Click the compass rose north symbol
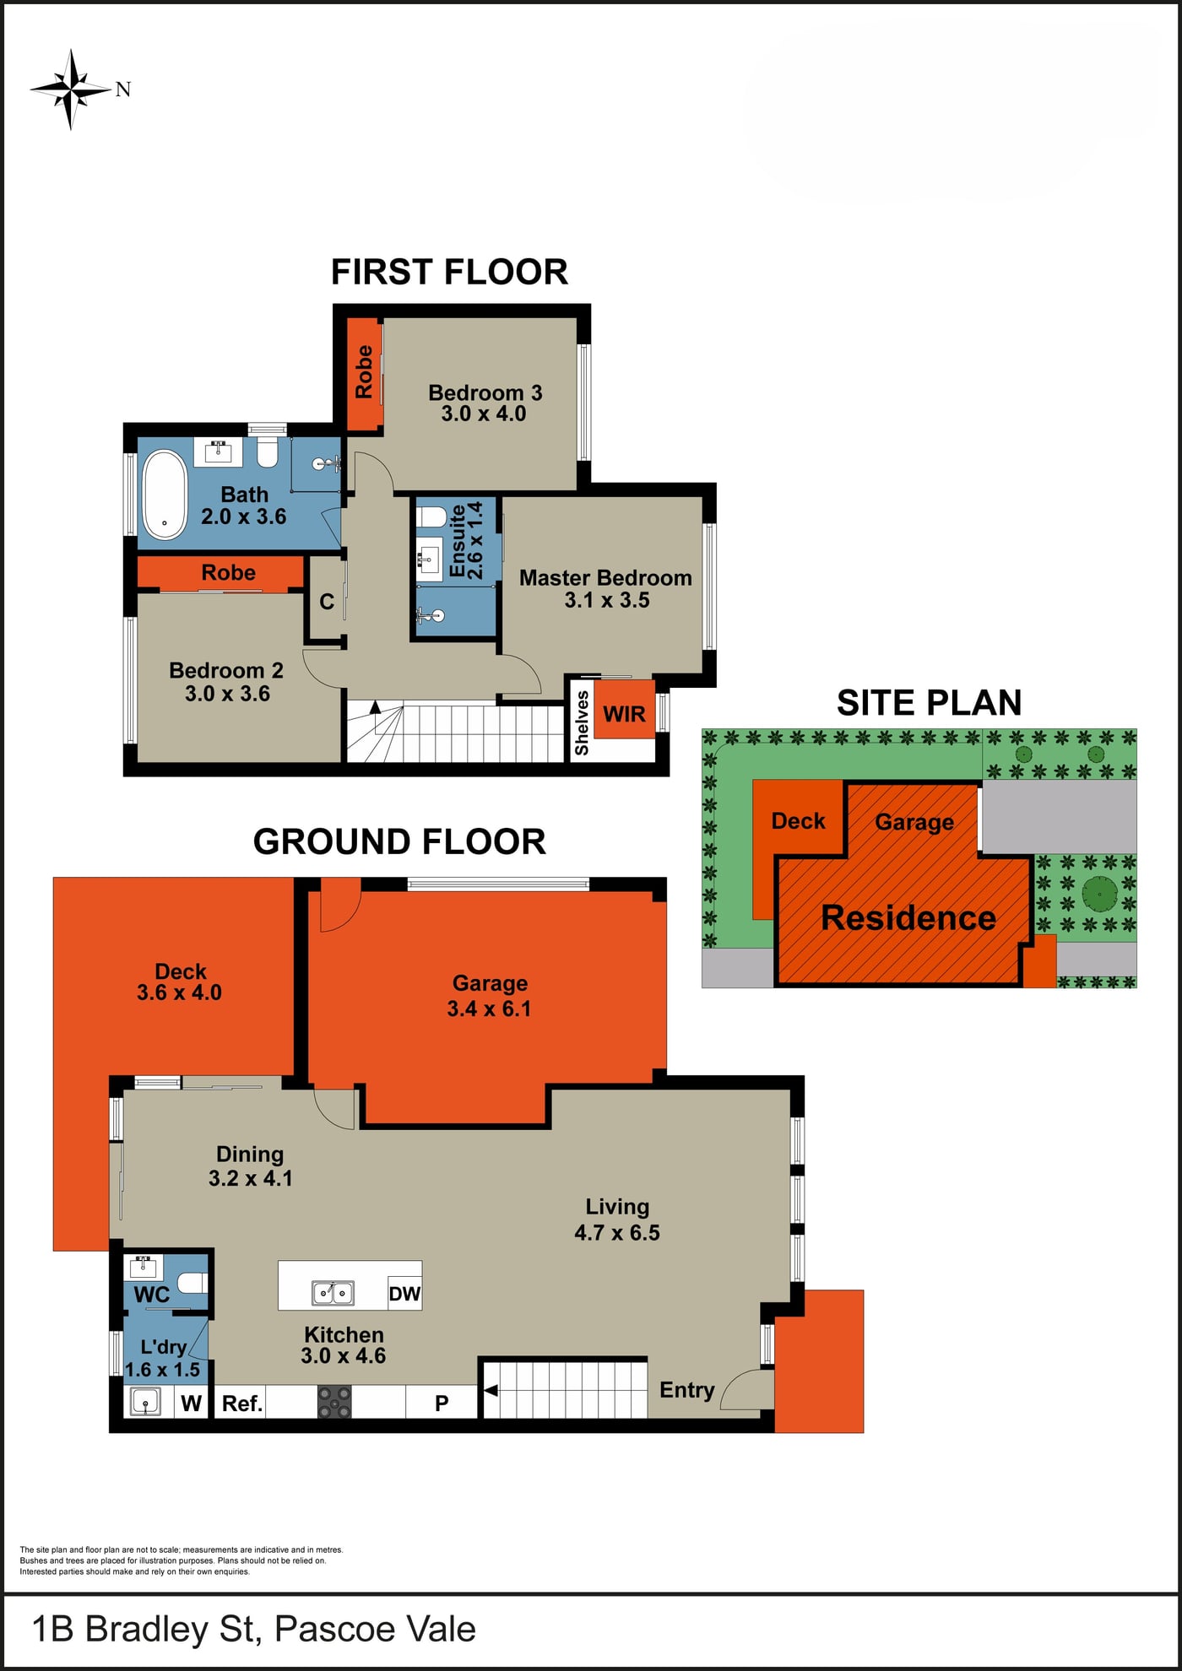72,89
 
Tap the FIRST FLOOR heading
449,272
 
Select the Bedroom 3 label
485,392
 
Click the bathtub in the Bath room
165,495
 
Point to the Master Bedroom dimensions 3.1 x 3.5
607,600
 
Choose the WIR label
624,714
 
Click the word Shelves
582,722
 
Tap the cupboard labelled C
327,602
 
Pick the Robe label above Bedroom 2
228,572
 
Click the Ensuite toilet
431,516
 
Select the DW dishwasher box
404,1294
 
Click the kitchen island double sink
333,1292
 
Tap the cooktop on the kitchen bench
334,1402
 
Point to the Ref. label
242,1403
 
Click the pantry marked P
442,1403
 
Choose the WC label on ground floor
151,1294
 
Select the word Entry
687,1390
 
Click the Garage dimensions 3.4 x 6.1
489,1009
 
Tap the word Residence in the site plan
908,917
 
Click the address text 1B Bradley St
144,1629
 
